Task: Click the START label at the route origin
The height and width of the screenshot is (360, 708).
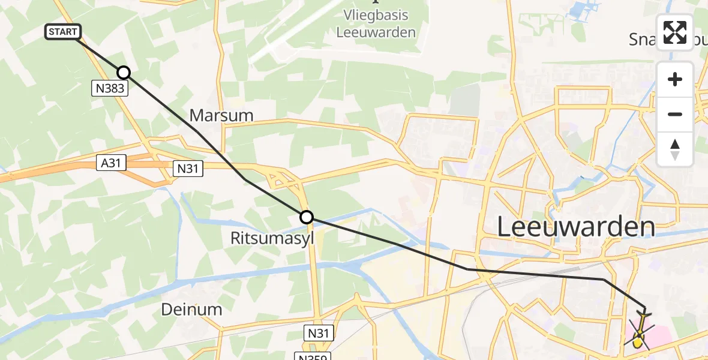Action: (x=62, y=32)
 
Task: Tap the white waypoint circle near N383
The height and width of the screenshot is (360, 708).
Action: (x=123, y=73)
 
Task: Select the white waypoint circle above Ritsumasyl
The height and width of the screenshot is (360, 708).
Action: (x=307, y=217)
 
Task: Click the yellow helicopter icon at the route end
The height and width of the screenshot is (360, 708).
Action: (x=639, y=333)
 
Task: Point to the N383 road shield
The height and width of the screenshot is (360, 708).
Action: (x=109, y=89)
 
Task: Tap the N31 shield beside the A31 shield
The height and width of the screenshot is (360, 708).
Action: (x=188, y=169)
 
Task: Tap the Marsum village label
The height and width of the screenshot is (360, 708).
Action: (x=221, y=115)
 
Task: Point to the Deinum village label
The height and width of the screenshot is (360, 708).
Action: (x=191, y=309)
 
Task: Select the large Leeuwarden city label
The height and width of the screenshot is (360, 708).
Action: (x=576, y=227)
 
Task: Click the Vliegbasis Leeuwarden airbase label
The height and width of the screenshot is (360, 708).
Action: (x=376, y=24)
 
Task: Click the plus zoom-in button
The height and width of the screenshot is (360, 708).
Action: (x=675, y=80)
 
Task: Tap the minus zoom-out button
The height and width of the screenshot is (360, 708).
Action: (x=675, y=114)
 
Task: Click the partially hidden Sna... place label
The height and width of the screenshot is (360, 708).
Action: (x=642, y=39)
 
